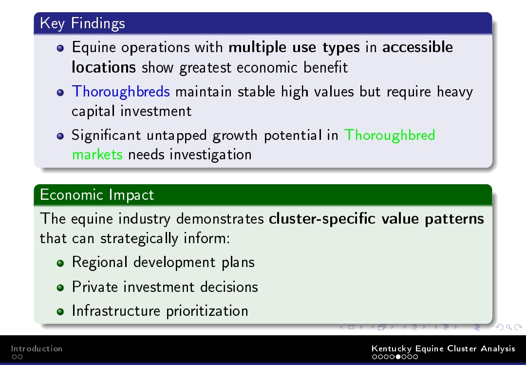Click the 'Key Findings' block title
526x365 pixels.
(82, 23)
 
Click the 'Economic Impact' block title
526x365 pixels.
(97, 195)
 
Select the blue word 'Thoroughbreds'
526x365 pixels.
(121, 92)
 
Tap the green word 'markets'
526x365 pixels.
(97, 155)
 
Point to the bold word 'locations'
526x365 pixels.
(104, 67)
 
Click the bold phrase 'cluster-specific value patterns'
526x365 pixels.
(376, 219)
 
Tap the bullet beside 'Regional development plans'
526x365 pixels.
(60, 263)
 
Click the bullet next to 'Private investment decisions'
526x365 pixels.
(60, 288)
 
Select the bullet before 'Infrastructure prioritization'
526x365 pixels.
(60, 311)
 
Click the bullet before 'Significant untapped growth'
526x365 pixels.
(60, 136)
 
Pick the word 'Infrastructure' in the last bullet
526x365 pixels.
(116, 310)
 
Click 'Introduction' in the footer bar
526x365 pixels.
(37, 348)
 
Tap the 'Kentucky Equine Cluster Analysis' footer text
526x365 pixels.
(443, 348)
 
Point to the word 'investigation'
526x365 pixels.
(210, 155)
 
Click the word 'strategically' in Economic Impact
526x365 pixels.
(139, 239)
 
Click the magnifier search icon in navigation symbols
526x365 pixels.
(509, 327)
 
